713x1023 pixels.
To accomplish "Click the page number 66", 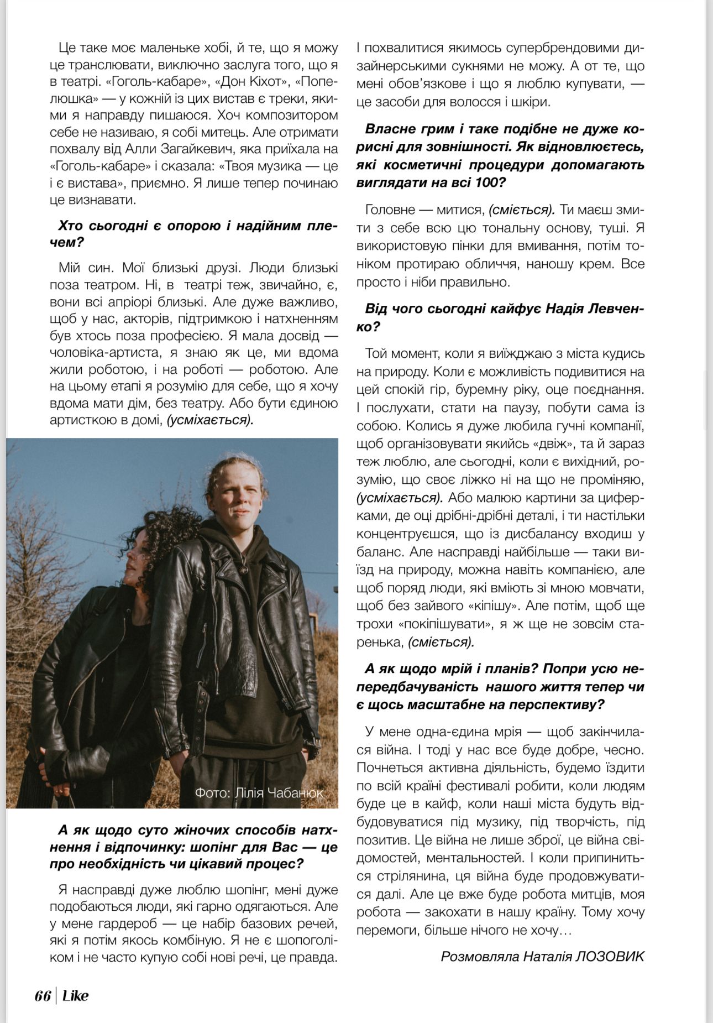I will (42, 995).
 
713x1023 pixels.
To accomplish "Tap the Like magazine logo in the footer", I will (75, 995).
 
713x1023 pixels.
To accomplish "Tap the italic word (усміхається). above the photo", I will (210, 420).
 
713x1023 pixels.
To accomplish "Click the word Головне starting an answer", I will (390, 210).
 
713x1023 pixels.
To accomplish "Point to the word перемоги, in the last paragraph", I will (388, 930).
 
